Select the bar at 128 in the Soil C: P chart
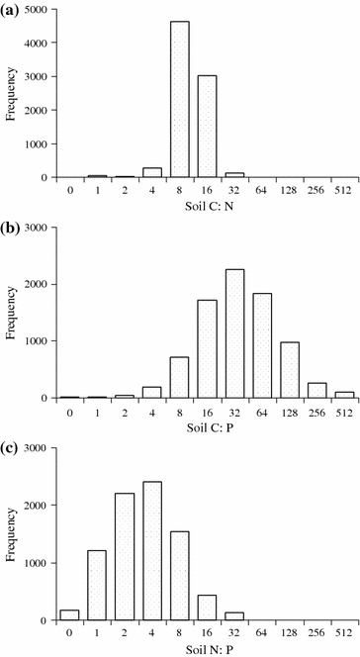pos(291,370)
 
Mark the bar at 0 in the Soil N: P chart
pos(68,613)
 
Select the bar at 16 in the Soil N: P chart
pos(208,608)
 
